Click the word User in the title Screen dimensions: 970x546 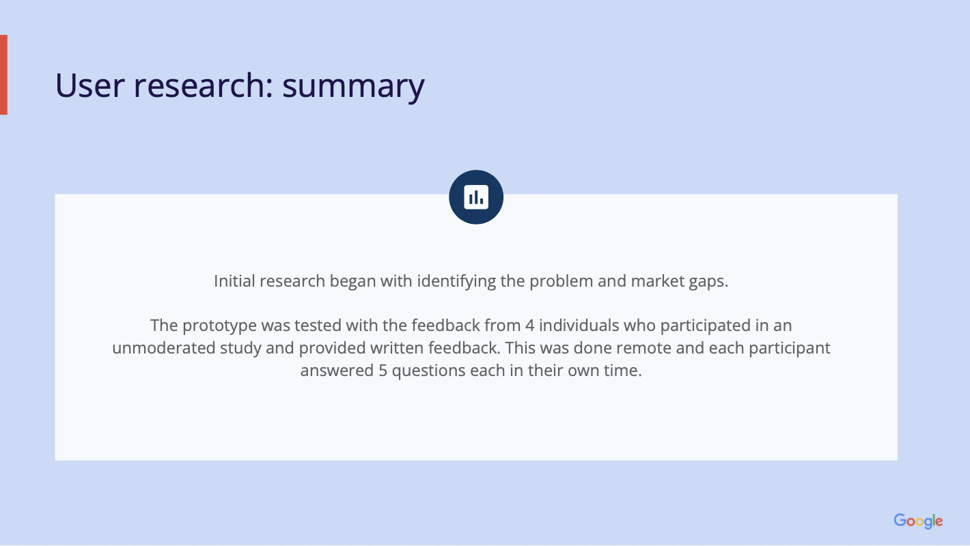[90, 85]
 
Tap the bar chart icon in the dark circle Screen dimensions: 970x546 [476, 197]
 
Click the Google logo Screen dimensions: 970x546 [918, 521]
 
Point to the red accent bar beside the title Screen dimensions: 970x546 [3, 74]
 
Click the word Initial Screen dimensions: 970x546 [234, 281]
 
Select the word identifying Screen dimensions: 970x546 [456, 282]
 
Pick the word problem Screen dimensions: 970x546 [562, 282]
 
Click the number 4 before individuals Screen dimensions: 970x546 [529, 326]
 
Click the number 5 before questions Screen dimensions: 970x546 [383, 371]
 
